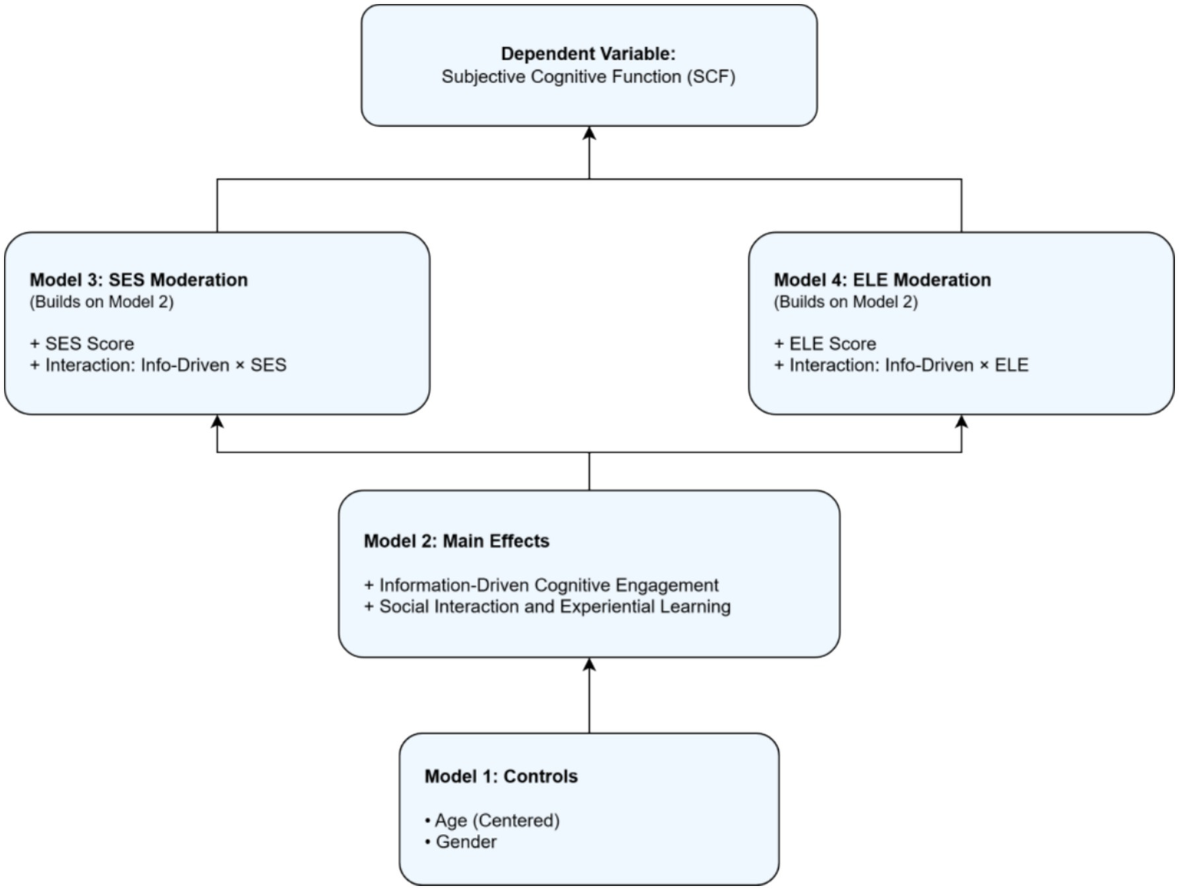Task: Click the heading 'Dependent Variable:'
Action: [x=588, y=54]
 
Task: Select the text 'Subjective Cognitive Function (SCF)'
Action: [x=588, y=77]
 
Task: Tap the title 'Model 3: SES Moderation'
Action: [x=139, y=280]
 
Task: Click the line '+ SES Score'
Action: [x=82, y=344]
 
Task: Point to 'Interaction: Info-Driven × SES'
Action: [x=165, y=365]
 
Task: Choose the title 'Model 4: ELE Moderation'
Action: [x=883, y=280]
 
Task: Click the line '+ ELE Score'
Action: [x=826, y=344]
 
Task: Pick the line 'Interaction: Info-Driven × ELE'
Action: [x=909, y=365]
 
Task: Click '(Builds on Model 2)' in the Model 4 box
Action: [x=846, y=301]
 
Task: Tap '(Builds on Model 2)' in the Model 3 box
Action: [x=102, y=301]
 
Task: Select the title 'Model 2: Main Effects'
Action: [x=457, y=541]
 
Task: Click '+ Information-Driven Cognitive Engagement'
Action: [x=541, y=585]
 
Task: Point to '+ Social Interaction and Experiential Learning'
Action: [x=548, y=606]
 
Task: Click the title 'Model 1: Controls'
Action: [x=502, y=776]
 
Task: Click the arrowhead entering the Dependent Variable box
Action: [x=589, y=134]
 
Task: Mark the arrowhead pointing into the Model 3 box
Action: [x=217, y=422]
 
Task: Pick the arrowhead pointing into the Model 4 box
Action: [x=962, y=422]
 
